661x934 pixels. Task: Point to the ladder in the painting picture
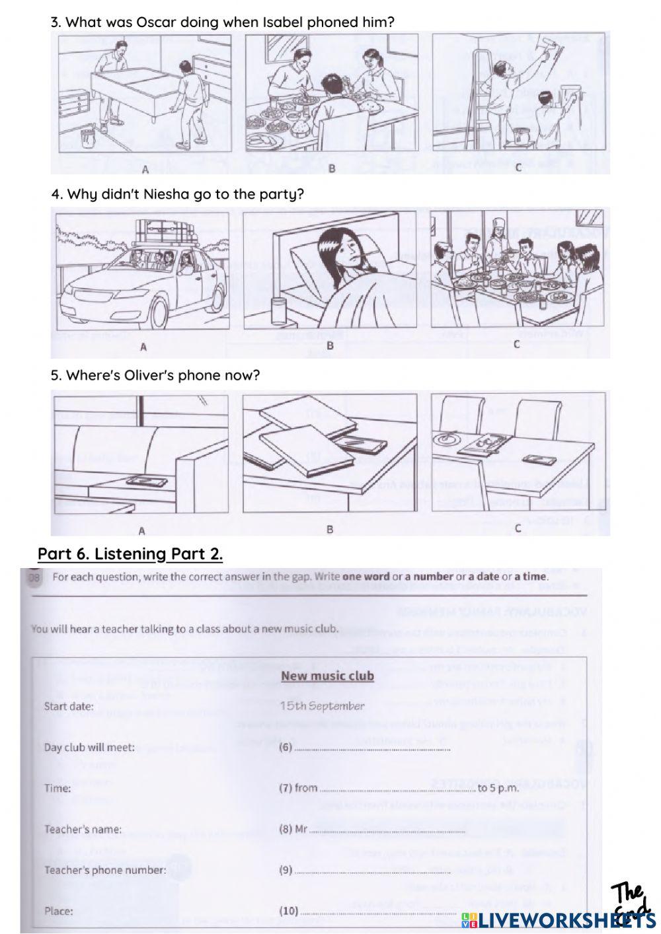tap(484, 92)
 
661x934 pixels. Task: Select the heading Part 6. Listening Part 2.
tap(130, 554)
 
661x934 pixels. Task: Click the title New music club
tap(327, 676)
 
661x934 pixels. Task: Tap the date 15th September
tap(321, 706)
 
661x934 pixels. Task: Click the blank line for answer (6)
tap(371, 749)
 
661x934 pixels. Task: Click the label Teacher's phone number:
tap(105, 870)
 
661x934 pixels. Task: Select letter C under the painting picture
tap(518, 168)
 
